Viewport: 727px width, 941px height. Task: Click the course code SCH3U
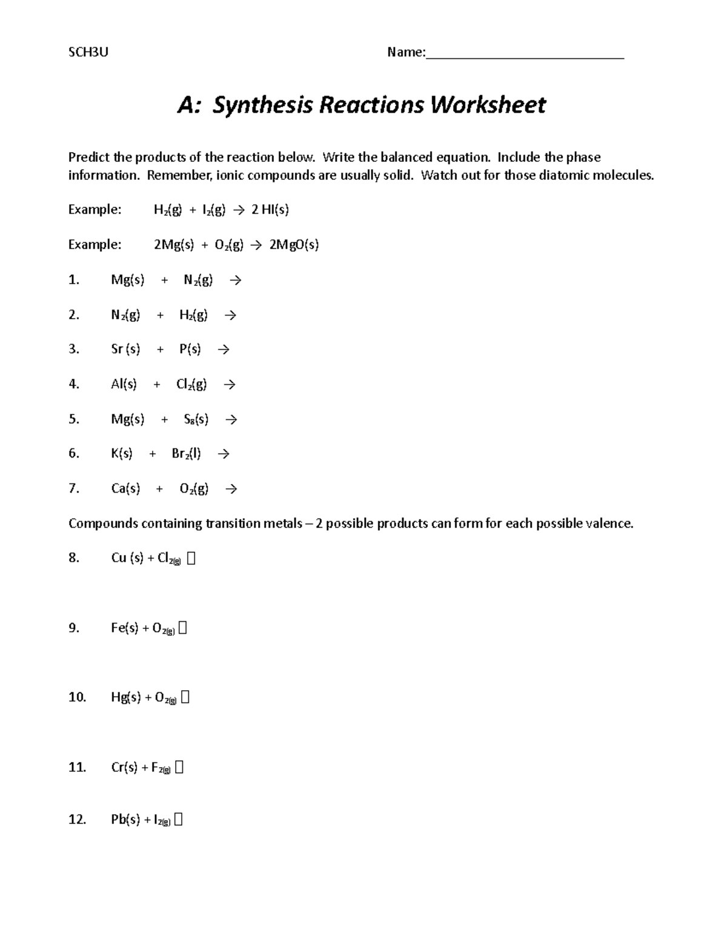[x=88, y=52]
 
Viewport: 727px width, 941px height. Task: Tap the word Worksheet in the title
[x=488, y=105]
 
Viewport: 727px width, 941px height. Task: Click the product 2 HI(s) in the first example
[x=270, y=210]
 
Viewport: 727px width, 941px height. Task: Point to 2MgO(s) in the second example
[x=294, y=245]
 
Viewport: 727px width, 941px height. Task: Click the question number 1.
[x=74, y=280]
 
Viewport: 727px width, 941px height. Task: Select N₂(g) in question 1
[x=198, y=280]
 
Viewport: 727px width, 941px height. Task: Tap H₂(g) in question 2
[x=193, y=315]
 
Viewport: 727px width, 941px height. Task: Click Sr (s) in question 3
[x=125, y=349]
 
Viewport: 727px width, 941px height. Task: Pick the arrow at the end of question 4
[x=229, y=384]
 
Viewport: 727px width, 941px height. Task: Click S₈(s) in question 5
[x=196, y=419]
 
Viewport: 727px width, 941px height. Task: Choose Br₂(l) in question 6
[x=187, y=453]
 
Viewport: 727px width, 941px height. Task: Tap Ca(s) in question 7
[x=125, y=488]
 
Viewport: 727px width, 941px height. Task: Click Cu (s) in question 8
[x=127, y=558]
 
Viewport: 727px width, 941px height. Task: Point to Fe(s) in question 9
[x=125, y=628]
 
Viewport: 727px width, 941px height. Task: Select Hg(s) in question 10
[x=126, y=697]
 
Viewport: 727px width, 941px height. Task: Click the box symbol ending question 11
[x=179, y=768]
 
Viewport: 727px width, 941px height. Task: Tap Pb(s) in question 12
[x=125, y=820]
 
